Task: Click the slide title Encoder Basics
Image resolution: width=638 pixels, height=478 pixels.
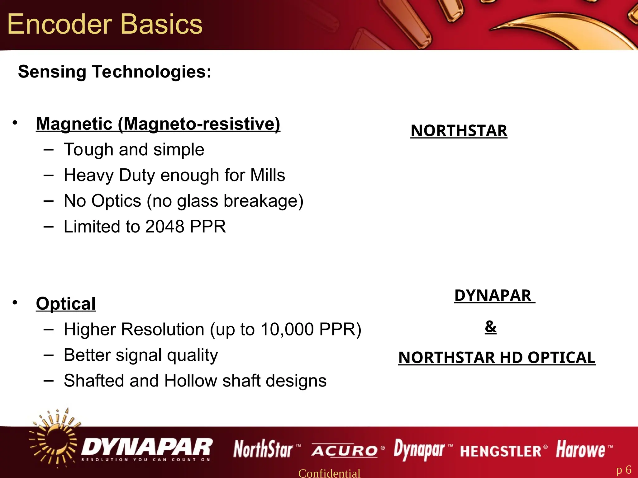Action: coord(105,24)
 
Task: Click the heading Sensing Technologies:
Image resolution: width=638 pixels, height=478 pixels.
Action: coord(115,72)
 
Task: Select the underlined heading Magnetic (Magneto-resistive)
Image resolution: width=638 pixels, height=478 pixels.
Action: coord(158,124)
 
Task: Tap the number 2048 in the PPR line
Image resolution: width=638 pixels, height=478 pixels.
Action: coord(165,227)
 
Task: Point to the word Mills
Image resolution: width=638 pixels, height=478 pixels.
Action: coord(268,175)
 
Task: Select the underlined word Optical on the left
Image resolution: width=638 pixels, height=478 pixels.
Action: coord(66,304)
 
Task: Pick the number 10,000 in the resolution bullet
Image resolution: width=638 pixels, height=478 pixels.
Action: coord(287,329)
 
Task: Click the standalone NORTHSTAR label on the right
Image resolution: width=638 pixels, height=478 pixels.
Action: coord(459,131)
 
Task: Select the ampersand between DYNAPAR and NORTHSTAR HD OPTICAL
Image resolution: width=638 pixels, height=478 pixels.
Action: coord(491,326)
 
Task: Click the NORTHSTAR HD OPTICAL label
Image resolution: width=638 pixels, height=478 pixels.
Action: coord(497,357)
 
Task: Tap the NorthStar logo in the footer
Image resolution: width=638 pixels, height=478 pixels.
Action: coord(264,449)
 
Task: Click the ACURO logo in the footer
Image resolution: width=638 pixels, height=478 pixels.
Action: coord(345,451)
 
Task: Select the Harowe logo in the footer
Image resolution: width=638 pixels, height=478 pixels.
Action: coord(581,449)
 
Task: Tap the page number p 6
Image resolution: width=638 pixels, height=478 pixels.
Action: coord(624,470)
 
